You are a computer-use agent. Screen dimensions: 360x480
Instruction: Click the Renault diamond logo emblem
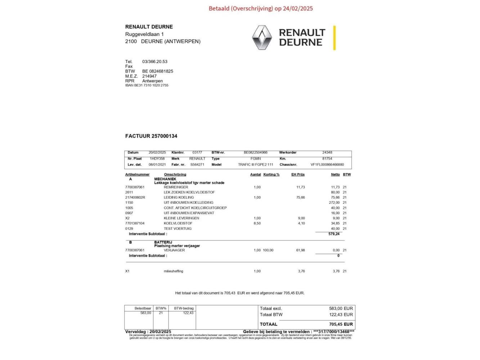[262, 37]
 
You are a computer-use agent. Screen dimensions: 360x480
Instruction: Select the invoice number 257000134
[164, 136]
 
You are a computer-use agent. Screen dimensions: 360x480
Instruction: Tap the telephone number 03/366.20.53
[155, 62]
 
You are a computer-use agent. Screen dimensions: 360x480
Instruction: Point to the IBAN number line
[147, 85]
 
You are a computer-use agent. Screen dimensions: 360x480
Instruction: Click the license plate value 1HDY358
[157, 158]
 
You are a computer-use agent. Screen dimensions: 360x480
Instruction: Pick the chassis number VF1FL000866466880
[327, 165]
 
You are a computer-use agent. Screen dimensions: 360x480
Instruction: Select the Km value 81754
[327, 158]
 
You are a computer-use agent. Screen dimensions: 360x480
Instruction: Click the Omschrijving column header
[175, 175]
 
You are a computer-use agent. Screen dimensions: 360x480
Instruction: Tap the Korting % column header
[271, 175]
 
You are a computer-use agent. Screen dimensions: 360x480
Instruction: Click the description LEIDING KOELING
[179, 197]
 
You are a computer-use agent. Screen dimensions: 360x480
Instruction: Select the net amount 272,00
[334, 203]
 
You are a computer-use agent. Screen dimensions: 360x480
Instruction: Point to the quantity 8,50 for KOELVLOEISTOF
[257, 223]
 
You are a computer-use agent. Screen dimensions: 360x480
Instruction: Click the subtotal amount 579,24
[334, 234]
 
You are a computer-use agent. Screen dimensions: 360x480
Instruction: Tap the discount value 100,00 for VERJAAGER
[268, 250]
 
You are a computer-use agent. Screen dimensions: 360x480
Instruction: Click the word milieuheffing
[173, 271]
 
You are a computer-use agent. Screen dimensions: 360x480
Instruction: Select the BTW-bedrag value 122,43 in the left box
[188, 313]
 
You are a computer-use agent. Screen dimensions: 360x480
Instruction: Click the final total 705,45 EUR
[341, 324]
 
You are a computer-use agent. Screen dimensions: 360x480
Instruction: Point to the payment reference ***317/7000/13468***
[333, 332]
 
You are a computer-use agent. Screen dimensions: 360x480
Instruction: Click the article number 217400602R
[135, 197]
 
